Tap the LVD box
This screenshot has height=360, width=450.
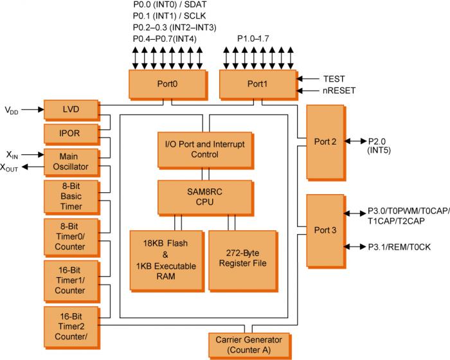70,109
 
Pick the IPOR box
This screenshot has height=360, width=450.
70,134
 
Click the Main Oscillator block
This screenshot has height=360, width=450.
70,161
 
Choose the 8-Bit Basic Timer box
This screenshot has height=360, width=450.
70,197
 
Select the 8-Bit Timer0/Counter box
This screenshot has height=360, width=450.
70,237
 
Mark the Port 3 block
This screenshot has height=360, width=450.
325,230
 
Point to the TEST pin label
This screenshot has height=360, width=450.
334,78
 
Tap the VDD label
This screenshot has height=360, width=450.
12,111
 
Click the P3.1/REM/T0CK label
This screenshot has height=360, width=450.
402,246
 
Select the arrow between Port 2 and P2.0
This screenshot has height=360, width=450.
355,141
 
